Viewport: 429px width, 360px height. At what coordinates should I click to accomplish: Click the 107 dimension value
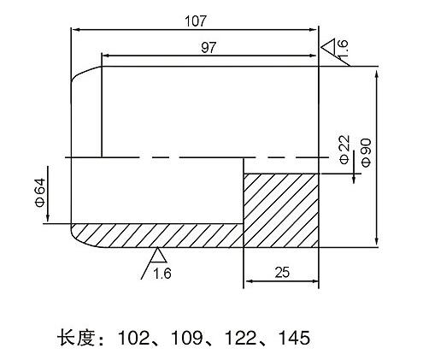(195, 21)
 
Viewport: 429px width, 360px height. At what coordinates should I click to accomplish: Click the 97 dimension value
(209, 47)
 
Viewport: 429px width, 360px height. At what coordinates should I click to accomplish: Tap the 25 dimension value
(282, 273)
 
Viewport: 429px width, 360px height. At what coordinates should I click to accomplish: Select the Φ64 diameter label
(40, 192)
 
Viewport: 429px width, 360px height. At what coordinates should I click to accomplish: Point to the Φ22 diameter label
(344, 149)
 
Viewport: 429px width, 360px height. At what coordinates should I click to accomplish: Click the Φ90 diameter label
(367, 152)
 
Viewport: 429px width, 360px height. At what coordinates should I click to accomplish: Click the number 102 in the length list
(133, 338)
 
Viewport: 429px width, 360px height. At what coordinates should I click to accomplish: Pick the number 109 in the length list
(186, 338)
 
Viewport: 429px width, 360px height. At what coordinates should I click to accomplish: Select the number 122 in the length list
(240, 338)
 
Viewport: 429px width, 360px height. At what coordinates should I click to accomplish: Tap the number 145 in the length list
(294, 338)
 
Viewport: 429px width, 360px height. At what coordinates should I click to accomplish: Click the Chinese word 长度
(75, 338)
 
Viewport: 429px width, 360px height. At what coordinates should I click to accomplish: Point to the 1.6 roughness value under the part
(162, 274)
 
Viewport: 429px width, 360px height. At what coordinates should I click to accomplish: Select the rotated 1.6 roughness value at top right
(343, 48)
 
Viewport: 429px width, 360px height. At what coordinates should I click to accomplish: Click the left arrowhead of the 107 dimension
(74, 29)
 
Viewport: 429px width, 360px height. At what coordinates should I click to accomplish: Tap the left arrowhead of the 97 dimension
(106, 56)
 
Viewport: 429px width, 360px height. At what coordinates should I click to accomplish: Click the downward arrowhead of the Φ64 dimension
(48, 218)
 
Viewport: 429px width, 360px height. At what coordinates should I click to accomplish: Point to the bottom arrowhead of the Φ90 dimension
(377, 242)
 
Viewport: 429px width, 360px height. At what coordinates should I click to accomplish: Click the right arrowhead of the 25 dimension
(315, 281)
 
